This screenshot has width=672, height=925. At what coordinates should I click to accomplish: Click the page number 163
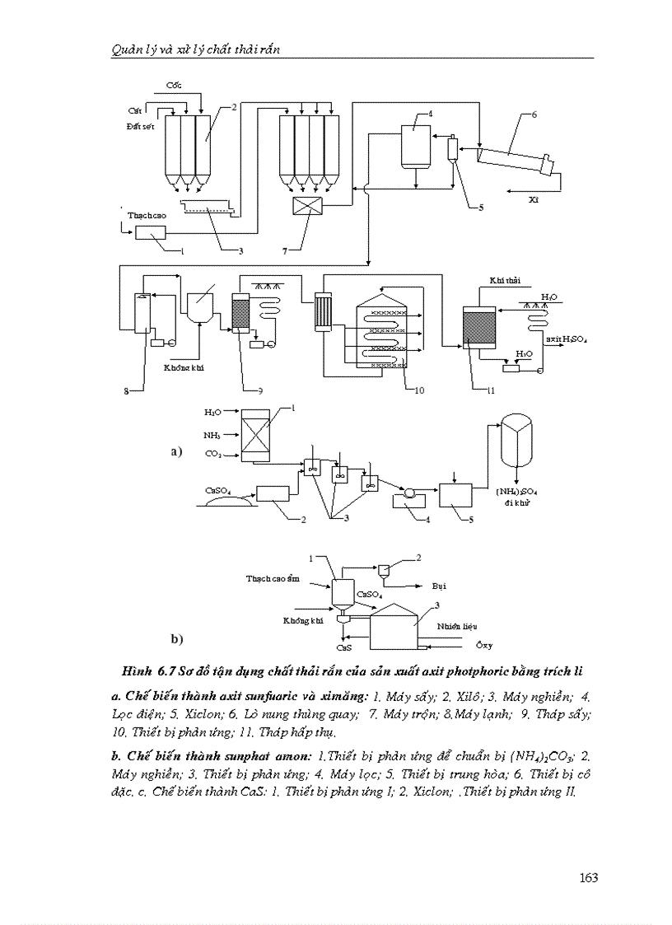(588, 877)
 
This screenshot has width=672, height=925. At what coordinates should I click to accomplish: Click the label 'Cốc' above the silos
(174, 86)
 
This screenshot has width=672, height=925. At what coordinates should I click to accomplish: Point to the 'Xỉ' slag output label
(534, 199)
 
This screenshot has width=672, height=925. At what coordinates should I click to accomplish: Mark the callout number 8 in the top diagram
(127, 392)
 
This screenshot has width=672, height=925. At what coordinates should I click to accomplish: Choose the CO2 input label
(212, 453)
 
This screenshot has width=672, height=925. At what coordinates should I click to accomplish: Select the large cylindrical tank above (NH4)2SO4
(516, 451)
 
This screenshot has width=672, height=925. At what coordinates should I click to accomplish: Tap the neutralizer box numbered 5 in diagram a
(455, 496)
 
